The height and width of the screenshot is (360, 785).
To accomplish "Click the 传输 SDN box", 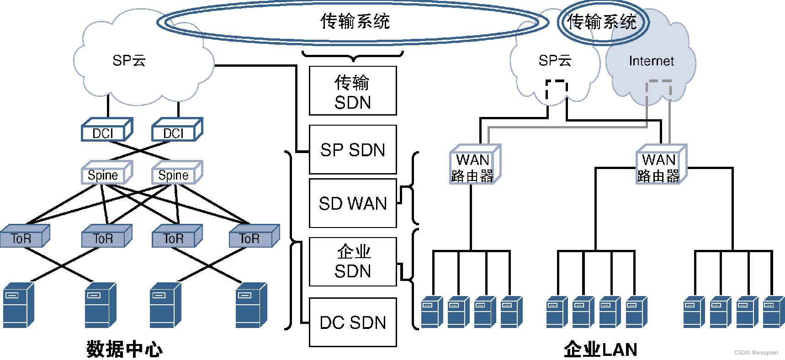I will pyautogui.click(x=353, y=91).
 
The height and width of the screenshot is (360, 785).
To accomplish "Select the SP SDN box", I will pyautogui.click(x=353, y=150).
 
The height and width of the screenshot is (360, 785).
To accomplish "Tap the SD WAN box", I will pyautogui.click(x=353, y=203).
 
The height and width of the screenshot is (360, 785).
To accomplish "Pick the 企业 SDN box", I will pyautogui.click(x=353, y=262).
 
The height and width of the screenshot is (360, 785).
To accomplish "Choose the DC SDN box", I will pyautogui.click(x=353, y=323).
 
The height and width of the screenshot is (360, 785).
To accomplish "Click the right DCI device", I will pyautogui.click(x=176, y=131).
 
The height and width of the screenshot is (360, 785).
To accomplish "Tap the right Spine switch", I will pyautogui.click(x=176, y=174).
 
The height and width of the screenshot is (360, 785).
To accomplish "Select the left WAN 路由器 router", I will pyautogui.click(x=474, y=165).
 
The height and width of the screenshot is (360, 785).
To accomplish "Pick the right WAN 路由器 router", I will pyautogui.click(x=660, y=165).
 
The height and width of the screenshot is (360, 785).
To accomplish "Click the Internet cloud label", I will pyautogui.click(x=651, y=61).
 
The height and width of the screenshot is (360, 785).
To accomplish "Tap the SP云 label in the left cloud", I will pyautogui.click(x=129, y=60).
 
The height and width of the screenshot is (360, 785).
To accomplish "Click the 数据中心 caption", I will pyautogui.click(x=124, y=349).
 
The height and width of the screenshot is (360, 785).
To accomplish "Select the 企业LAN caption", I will pyautogui.click(x=600, y=349).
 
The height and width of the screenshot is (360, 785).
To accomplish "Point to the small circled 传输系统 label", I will pyautogui.click(x=602, y=21).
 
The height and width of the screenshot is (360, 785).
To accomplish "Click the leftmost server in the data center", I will pyautogui.click(x=18, y=306).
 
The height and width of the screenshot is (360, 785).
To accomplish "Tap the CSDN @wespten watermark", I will pyautogui.click(x=756, y=353).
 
